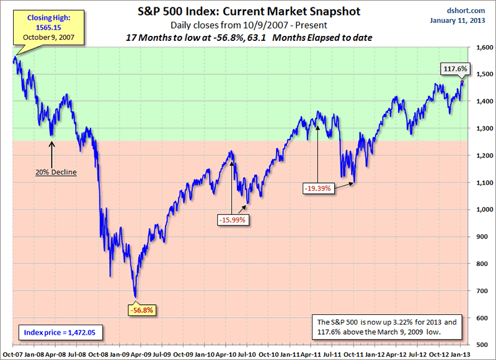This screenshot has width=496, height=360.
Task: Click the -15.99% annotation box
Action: [232, 218]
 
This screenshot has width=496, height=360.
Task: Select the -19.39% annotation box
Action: [318, 187]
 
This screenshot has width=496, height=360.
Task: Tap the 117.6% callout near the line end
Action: [455, 68]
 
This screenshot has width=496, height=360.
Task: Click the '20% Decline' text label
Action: [56, 172]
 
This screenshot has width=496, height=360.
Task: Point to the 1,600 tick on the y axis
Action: [480, 48]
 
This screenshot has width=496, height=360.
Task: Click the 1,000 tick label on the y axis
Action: [480, 209]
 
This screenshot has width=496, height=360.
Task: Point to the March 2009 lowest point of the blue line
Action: [136, 297]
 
